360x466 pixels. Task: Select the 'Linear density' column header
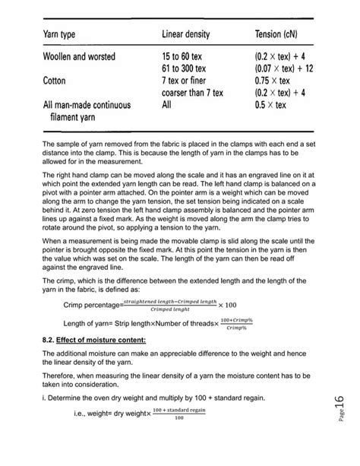[x=187, y=36]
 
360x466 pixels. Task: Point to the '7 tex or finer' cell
[x=188, y=80]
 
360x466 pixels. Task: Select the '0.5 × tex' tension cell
[x=274, y=106]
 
